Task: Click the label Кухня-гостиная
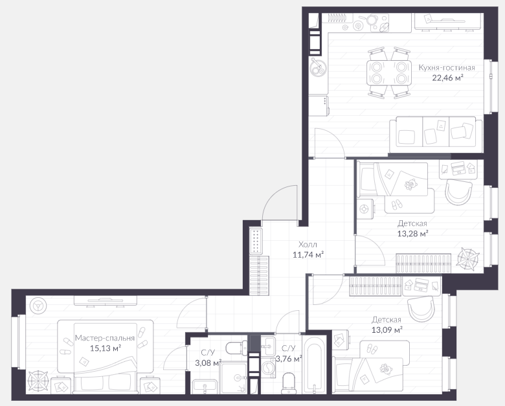coord(447,67)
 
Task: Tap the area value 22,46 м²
coord(447,78)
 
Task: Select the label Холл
coord(308,244)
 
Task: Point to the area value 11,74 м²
coord(308,255)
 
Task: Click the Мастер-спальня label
coord(105,338)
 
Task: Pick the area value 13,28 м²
coord(412,234)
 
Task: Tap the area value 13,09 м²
coord(387,330)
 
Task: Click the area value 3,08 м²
coord(208,363)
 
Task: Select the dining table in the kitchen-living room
coord(389,73)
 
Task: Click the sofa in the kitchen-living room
coord(436,135)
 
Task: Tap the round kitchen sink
coord(318,68)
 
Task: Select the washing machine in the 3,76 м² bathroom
coord(268,367)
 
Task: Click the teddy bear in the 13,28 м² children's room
coord(410,185)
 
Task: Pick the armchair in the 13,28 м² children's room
coord(458,192)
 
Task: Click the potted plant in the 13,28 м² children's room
coord(467,258)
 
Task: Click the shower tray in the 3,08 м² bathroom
coord(233,378)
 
